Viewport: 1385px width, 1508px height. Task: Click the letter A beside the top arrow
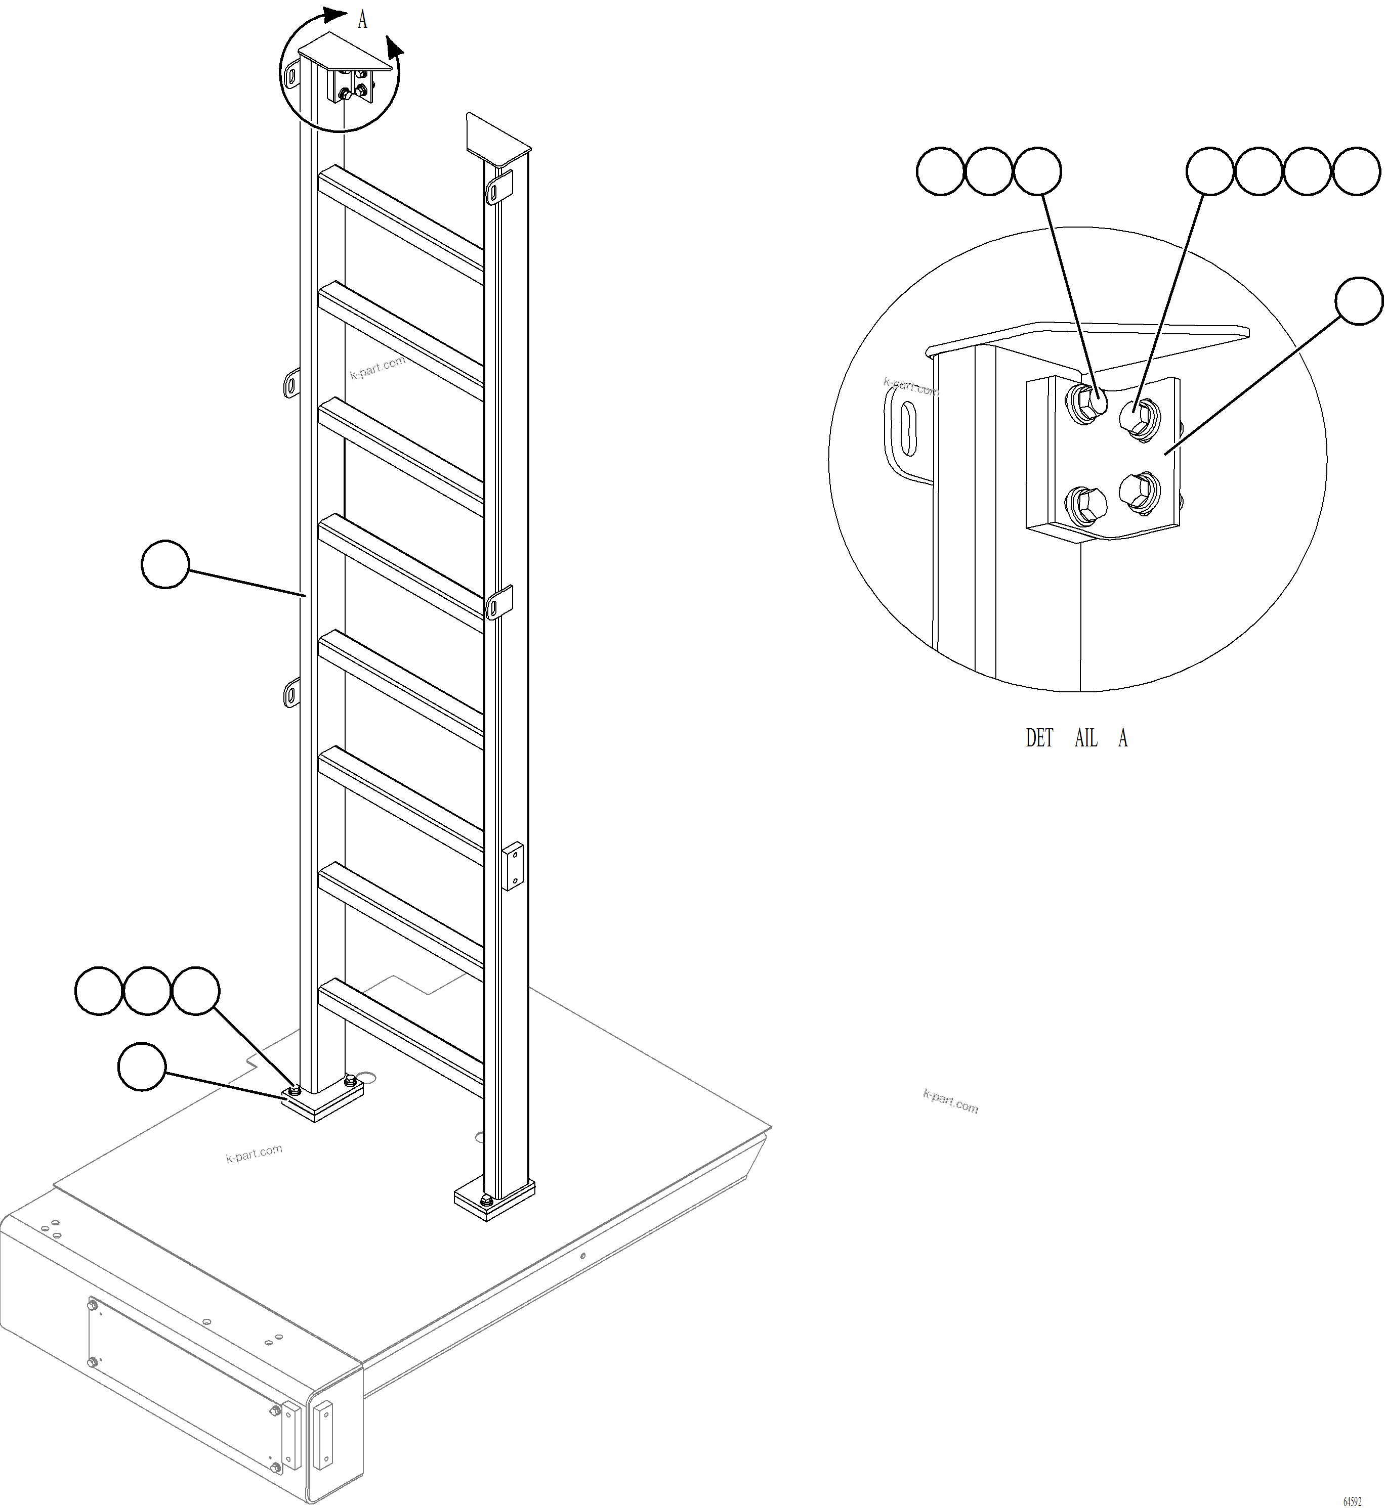pos(363,20)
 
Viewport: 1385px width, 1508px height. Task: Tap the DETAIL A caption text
pos(1076,739)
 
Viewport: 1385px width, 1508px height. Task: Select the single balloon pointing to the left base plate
pos(142,1068)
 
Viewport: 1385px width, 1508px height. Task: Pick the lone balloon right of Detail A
pos(1359,301)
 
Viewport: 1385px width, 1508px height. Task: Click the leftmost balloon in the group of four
pos(1209,171)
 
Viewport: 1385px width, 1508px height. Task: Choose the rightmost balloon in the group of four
pos(1356,171)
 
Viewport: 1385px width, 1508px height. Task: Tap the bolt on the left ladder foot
pos(295,1088)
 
